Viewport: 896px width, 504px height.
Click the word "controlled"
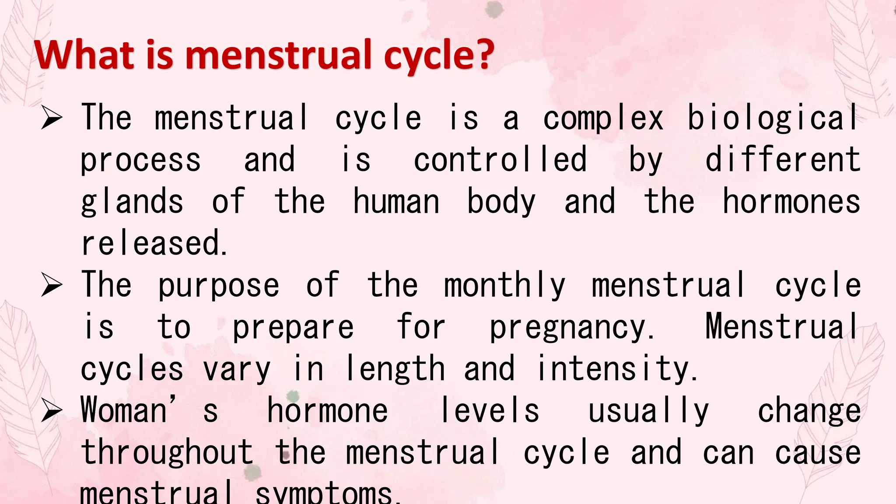500,160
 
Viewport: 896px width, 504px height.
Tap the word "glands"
132,202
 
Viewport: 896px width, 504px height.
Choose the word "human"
396,202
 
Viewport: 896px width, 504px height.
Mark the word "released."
154,243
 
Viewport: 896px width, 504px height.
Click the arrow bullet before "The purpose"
52,286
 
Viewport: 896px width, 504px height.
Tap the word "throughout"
167,452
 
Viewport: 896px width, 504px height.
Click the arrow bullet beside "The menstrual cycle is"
52,119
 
